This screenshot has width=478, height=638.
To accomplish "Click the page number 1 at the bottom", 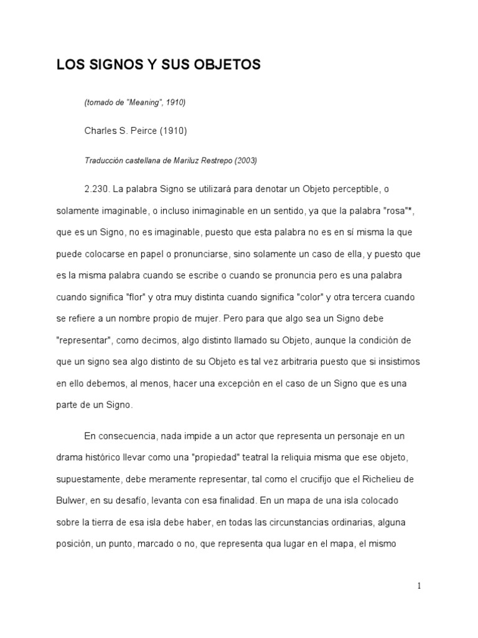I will coord(419,586).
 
